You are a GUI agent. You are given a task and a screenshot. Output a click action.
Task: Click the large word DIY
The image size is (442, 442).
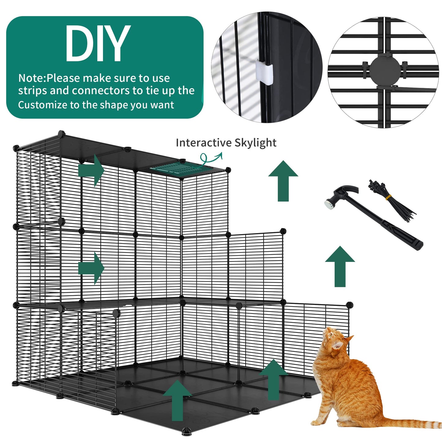(97, 43)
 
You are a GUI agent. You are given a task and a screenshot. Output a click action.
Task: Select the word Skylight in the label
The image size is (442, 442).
(255, 143)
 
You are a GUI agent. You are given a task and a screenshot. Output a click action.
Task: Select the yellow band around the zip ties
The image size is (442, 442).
(388, 197)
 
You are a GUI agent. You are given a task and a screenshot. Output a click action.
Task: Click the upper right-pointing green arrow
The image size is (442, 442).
(91, 170)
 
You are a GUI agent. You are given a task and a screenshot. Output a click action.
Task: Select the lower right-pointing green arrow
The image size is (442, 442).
(91, 268)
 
